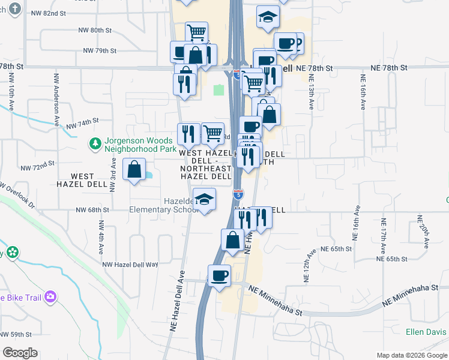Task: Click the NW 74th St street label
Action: (82, 124)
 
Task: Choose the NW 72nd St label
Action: (37, 163)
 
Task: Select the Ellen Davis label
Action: (427, 332)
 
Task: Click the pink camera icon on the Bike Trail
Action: (50, 296)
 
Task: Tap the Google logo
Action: (20, 353)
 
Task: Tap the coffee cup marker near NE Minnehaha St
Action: (220, 275)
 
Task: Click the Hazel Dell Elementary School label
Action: (162, 205)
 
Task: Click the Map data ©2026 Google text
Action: (411, 355)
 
